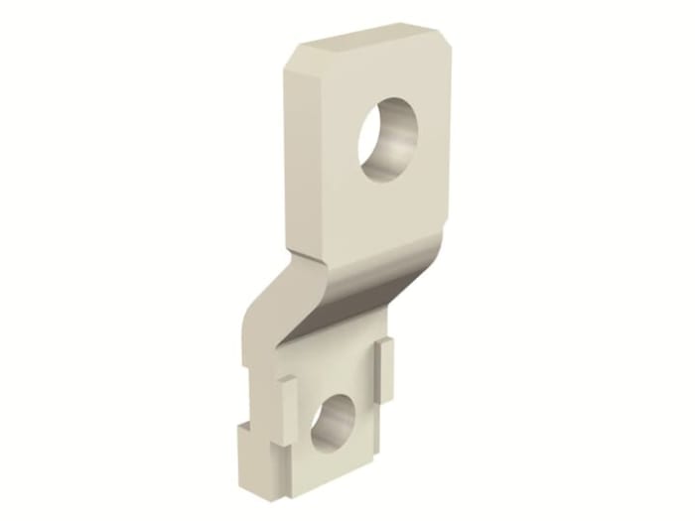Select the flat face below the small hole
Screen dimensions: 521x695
pyautogui.click(x=323, y=466)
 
